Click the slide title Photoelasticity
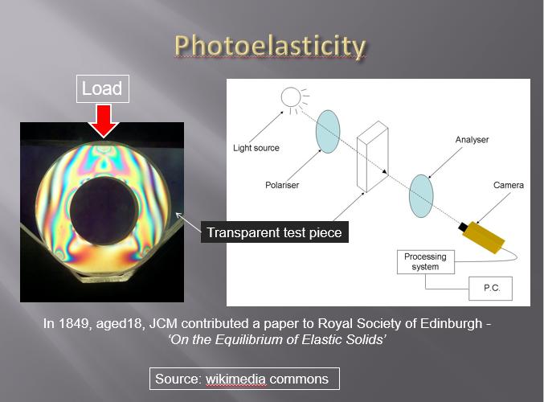coord(270,46)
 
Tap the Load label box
coord(103,88)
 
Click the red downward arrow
coord(104,121)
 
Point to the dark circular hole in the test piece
coord(104,211)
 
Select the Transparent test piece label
coord(275,232)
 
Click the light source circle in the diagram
coord(291,96)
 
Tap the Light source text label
coord(256,148)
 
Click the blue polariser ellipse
coord(328,132)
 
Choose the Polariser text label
coord(282,185)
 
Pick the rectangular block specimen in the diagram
coord(373,157)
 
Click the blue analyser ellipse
coord(421,196)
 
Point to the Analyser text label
coord(472,140)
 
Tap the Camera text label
coord(509,185)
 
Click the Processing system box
coord(426,262)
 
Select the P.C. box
coord(491,288)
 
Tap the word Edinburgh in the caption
coord(451,323)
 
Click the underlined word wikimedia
coord(235,379)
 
